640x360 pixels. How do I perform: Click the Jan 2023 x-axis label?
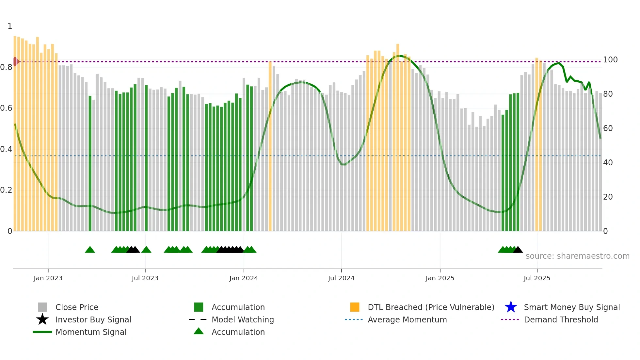pyautogui.click(x=48, y=278)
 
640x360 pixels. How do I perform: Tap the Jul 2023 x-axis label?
pyautogui.click(x=145, y=278)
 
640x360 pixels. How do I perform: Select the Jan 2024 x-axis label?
pyautogui.click(x=244, y=278)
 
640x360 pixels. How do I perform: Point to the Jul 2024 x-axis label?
pyautogui.click(x=341, y=278)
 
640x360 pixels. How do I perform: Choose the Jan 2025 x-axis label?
pyautogui.click(x=440, y=278)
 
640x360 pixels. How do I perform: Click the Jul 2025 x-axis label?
pyautogui.click(x=537, y=278)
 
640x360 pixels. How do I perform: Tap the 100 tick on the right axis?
pyautogui.click(x=610, y=60)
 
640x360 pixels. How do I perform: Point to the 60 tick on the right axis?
pyautogui.click(x=608, y=128)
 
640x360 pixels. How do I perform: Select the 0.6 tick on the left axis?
pyautogui.click(x=6, y=108)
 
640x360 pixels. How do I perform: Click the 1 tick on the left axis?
pyautogui.click(x=10, y=26)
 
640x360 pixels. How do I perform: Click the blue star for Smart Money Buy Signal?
pyautogui.click(x=511, y=307)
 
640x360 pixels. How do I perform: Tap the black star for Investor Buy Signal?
pyautogui.click(x=42, y=319)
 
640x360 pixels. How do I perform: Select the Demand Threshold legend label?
pyautogui.click(x=561, y=319)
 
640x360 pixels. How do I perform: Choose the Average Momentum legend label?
pyautogui.click(x=407, y=319)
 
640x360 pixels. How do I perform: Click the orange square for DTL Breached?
pyautogui.click(x=355, y=307)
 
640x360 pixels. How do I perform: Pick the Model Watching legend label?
pyautogui.click(x=243, y=319)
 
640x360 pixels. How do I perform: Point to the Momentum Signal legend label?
pyautogui.click(x=91, y=332)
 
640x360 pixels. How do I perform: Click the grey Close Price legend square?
pyautogui.click(x=42, y=307)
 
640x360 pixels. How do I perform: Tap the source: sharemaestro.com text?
pyautogui.click(x=577, y=256)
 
